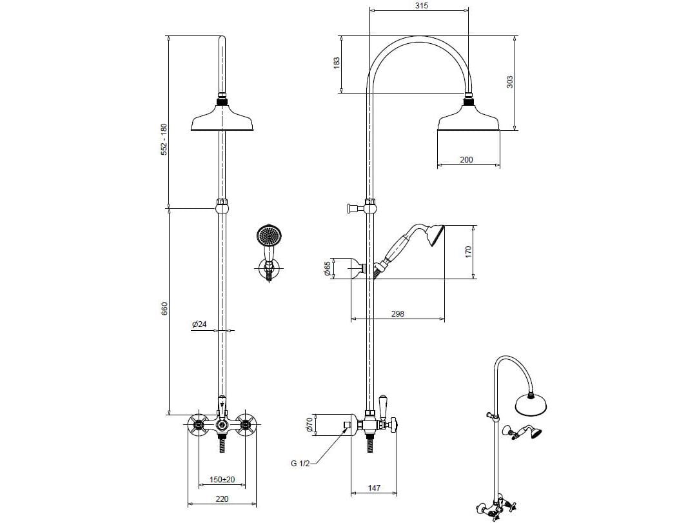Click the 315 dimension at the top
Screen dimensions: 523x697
pos(422,6)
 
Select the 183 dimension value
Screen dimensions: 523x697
pos(336,64)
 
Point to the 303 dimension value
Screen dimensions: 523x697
pos(510,82)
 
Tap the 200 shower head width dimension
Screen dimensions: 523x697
pos(467,159)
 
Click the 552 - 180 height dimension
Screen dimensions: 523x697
pos(164,139)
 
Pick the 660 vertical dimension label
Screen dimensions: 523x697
pos(164,308)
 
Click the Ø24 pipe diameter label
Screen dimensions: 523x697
pos(199,324)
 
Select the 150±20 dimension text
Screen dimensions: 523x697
pos(222,480)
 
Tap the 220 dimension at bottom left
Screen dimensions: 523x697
pos(222,498)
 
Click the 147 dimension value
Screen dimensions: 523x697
pos(374,488)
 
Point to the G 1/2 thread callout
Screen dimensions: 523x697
pos(300,464)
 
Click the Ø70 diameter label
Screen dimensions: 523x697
pos(309,424)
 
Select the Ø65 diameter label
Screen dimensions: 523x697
pos(328,268)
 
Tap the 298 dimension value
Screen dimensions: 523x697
pos(397,313)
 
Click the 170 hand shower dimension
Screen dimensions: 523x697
pos(469,251)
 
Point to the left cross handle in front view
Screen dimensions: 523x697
pos(197,424)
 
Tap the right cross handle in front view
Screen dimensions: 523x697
pos(246,424)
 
